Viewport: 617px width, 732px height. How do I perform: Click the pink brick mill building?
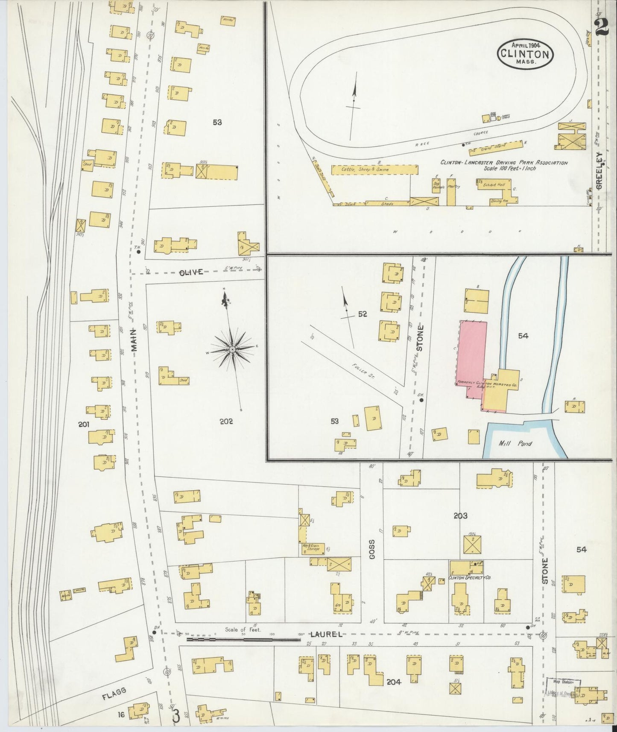coord(472,354)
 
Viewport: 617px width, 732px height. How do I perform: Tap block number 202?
coord(226,422)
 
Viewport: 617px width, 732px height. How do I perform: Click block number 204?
coord(393,682)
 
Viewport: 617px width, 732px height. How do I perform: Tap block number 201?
coord(83,424)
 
